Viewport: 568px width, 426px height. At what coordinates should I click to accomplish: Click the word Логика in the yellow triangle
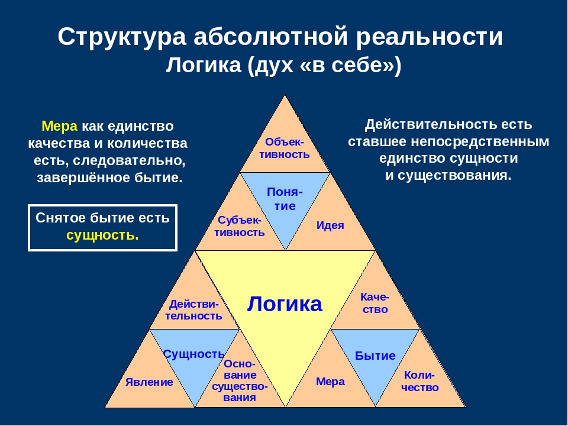285,304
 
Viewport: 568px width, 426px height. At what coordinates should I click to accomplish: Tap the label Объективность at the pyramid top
285,148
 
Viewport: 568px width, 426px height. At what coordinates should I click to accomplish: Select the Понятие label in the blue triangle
285,199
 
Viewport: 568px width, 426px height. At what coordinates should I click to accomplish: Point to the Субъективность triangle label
240,226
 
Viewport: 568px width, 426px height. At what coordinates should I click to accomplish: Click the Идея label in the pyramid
330,225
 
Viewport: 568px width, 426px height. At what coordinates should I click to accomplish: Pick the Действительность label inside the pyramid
194,309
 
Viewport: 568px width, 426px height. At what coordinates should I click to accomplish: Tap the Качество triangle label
375,303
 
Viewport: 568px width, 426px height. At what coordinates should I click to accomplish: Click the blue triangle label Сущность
194,354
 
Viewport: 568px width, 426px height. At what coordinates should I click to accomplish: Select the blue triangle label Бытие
375,356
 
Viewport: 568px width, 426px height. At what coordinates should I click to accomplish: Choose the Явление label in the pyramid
149,382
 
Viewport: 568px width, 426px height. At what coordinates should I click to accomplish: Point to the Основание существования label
240,380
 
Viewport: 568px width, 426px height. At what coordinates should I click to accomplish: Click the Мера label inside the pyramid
330,382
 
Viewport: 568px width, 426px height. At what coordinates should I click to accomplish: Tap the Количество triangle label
420,382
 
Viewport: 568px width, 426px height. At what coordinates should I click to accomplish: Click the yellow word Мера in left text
59,126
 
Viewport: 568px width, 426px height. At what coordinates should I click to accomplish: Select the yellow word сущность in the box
102,235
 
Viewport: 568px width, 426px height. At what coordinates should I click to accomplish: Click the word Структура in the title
122,37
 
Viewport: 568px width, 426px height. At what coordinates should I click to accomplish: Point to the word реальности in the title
430,37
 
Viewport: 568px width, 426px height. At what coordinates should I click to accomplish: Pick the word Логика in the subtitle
204,65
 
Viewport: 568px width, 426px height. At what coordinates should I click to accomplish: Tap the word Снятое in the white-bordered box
60,218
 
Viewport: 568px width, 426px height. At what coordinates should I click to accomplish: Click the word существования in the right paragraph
454,176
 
